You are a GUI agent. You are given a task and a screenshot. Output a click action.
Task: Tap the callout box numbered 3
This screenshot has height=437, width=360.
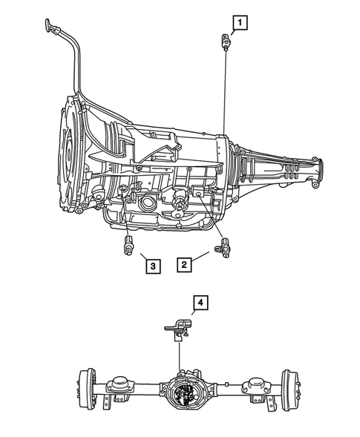pos(151,265)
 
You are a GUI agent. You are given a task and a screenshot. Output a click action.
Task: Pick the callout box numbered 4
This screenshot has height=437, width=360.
pos(200,302)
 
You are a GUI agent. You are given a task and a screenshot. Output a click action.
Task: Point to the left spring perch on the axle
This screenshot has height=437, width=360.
pos(119,386)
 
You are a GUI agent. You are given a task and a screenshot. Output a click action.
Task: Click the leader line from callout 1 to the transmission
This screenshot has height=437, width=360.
pos(223,89)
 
